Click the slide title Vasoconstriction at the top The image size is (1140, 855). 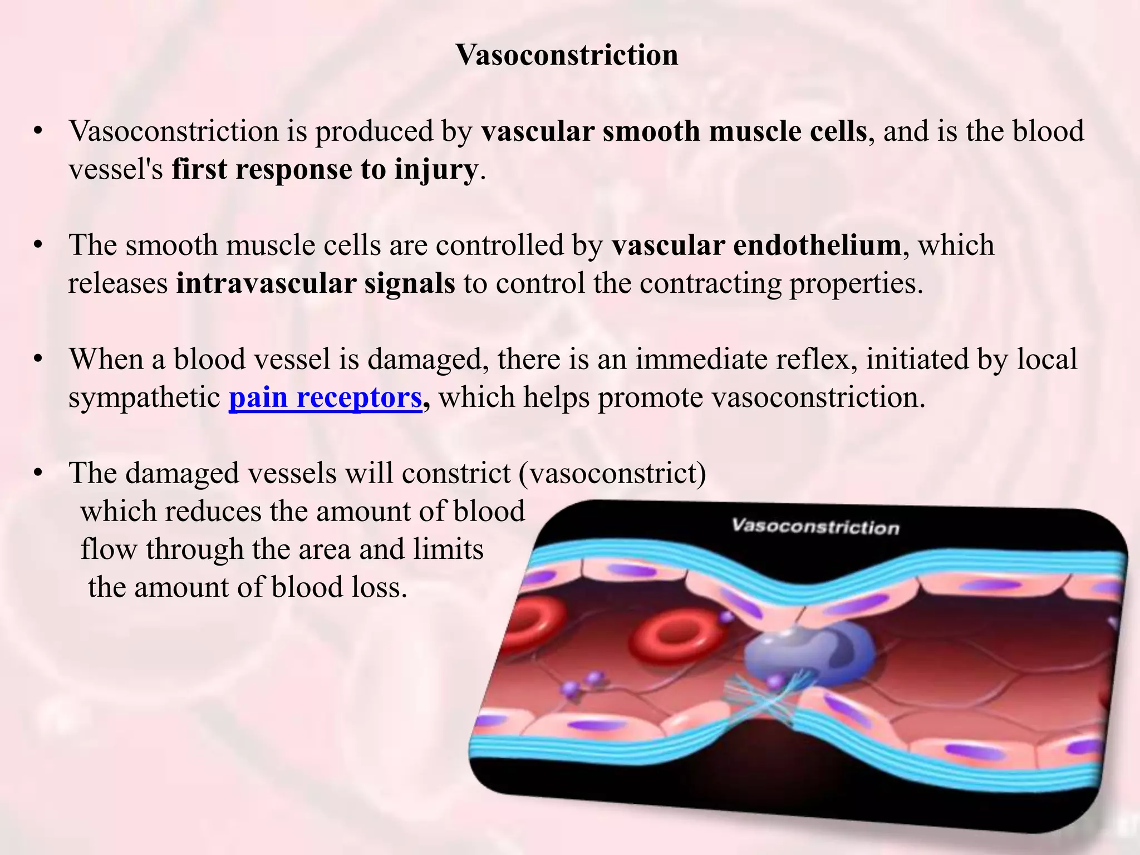point(567,55)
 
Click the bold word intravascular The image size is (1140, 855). point(266,283)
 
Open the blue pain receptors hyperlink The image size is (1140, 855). point(325,397)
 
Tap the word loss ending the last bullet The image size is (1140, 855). point(380,587)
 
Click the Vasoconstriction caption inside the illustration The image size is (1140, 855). point(815,527)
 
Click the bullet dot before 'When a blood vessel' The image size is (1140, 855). point(38,360)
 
